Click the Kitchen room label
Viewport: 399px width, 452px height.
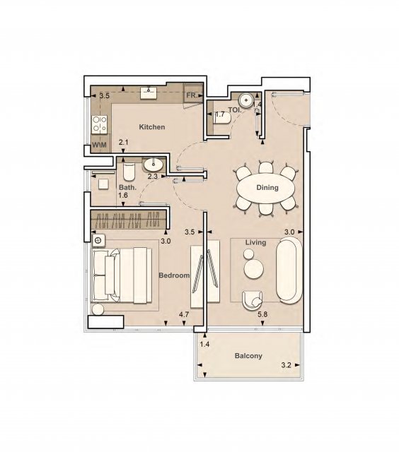coord(152,127)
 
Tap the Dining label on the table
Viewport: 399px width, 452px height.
coord(267,188)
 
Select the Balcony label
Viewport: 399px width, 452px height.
coord(248,356)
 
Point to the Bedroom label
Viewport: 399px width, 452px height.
coord(174,275)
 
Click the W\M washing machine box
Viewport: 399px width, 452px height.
coord(99,144)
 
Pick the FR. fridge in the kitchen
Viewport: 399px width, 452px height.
coord(193,93)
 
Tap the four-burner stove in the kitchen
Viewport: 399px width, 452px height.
coord(100,124)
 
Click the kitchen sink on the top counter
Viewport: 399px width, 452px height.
coord(149,93)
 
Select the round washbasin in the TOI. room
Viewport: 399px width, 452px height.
coord(246,100)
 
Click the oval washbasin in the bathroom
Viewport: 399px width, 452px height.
coord(154,165)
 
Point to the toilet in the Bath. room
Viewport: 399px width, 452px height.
coord(129,172)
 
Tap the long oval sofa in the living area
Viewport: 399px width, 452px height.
coord(289,270)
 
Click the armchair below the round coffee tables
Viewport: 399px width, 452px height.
coord(253,300)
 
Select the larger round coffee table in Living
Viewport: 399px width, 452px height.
coord(253,269)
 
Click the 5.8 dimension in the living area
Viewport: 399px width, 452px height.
coord(262,314)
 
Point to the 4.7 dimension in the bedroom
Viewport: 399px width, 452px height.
coord(184,314)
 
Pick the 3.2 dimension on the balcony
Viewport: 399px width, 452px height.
coord(286,365)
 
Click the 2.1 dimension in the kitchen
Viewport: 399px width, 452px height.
coord(123,142)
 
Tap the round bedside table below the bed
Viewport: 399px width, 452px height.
coord(98,309)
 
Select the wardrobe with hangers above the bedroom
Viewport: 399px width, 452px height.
coord(129,220)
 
